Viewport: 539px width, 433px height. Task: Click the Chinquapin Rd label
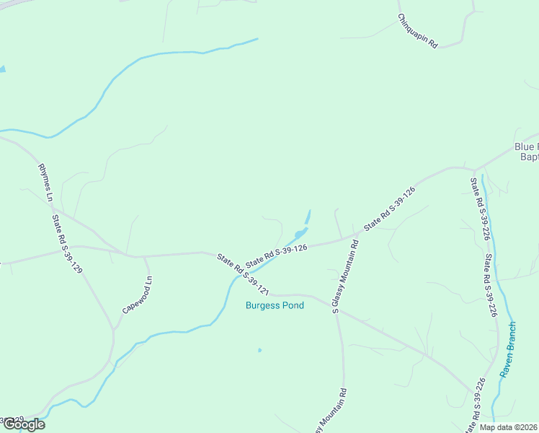(417, 32)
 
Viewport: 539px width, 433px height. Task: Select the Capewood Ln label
(138, 294)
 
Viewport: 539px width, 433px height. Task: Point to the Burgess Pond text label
(275, 305)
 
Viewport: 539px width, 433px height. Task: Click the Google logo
(24, 424)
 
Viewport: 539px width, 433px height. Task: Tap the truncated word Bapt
(529, 157)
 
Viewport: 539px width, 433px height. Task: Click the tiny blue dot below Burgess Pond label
(259, 351)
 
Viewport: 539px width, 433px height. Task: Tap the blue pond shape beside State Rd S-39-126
(301, 232)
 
